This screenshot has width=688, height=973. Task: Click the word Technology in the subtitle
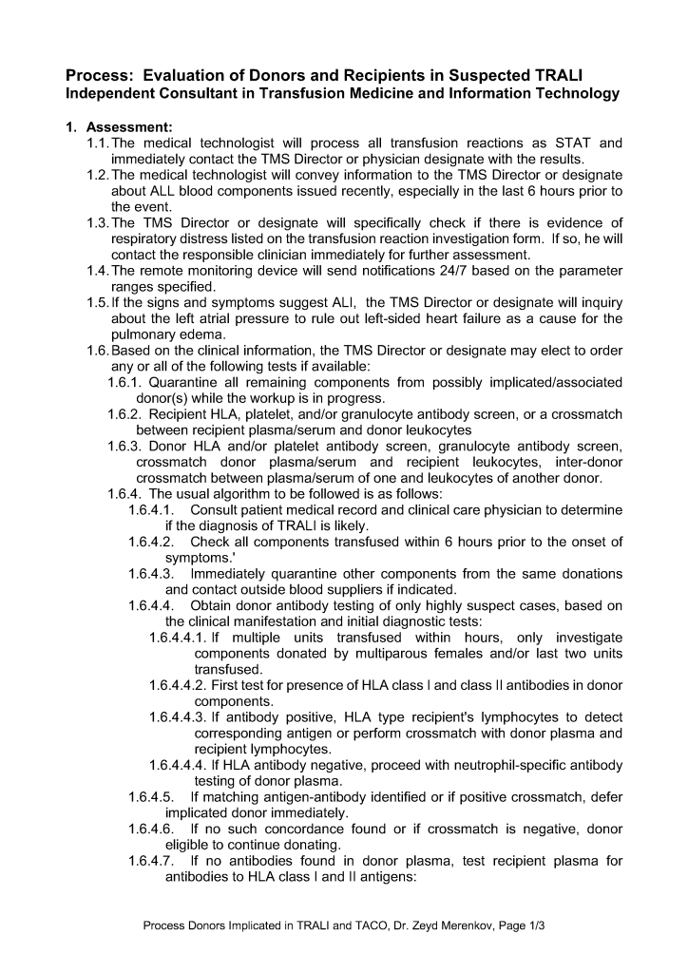(x=574, y=93)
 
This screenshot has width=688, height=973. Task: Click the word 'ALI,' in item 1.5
(x=336, y=303)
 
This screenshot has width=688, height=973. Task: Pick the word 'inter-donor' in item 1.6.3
(x=587, y=462)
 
